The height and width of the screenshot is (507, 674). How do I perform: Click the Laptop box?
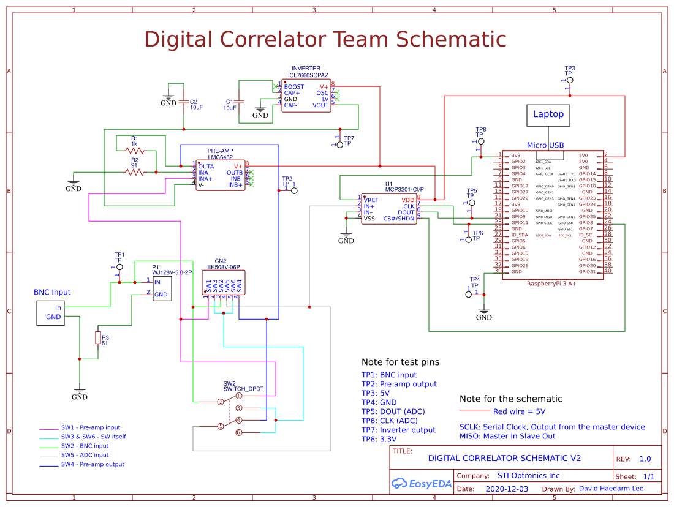548,115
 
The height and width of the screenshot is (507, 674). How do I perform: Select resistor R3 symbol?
97,337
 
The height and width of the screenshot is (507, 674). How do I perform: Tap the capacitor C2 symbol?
183,102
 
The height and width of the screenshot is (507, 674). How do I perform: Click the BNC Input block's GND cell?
53,317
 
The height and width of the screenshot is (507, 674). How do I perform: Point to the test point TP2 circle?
293,191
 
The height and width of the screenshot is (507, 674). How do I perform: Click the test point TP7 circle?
340,145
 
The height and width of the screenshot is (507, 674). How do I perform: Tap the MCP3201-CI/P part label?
404,190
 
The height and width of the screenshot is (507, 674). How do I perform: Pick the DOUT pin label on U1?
406,212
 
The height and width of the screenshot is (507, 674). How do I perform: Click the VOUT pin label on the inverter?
320,105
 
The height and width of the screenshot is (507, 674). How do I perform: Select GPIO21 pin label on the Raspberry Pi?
587,271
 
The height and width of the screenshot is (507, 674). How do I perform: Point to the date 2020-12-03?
507,489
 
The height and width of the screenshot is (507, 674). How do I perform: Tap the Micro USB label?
545,145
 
